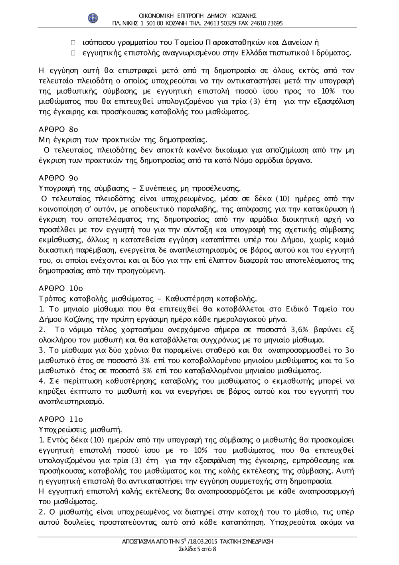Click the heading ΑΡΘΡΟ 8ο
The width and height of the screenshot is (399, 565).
(x=58, y=129)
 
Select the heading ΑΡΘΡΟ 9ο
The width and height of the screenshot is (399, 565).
(x=58, y=178)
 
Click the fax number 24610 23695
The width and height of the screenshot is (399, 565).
(x=267, y=23)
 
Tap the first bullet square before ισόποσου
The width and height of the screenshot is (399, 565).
(x=73, y=42)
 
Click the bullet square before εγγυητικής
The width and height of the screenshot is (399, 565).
(x=73, y=53)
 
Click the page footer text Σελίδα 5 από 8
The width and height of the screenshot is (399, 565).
(x=198, y=549)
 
